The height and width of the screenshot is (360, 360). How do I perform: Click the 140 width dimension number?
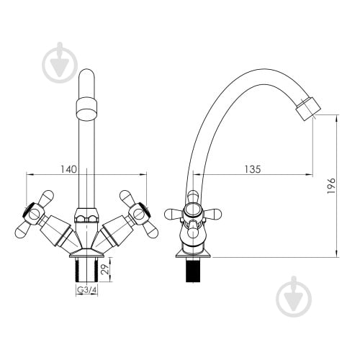point(68,169)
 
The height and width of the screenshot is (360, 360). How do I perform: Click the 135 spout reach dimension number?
point(253,169)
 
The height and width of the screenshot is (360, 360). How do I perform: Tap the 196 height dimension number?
point(331,186)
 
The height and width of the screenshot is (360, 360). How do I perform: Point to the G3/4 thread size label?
point(86,290)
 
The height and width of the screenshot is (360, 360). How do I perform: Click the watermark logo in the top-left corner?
point(60,62)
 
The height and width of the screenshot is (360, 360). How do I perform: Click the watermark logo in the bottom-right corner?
point(294,296)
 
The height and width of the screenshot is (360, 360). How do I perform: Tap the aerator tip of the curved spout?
point(308,109)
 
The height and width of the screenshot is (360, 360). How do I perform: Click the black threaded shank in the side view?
point(193,270)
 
